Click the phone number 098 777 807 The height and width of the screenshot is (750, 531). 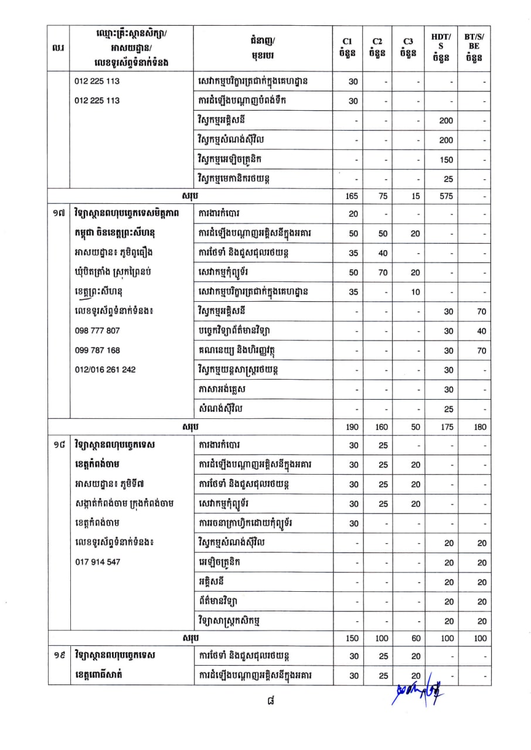click(97, 330)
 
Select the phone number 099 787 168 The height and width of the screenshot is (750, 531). click(97, 350)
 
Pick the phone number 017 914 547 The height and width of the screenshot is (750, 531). click(97, 562)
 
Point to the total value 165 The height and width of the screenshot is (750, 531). click(353, 197)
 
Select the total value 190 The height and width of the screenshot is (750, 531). click(353, 427)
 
